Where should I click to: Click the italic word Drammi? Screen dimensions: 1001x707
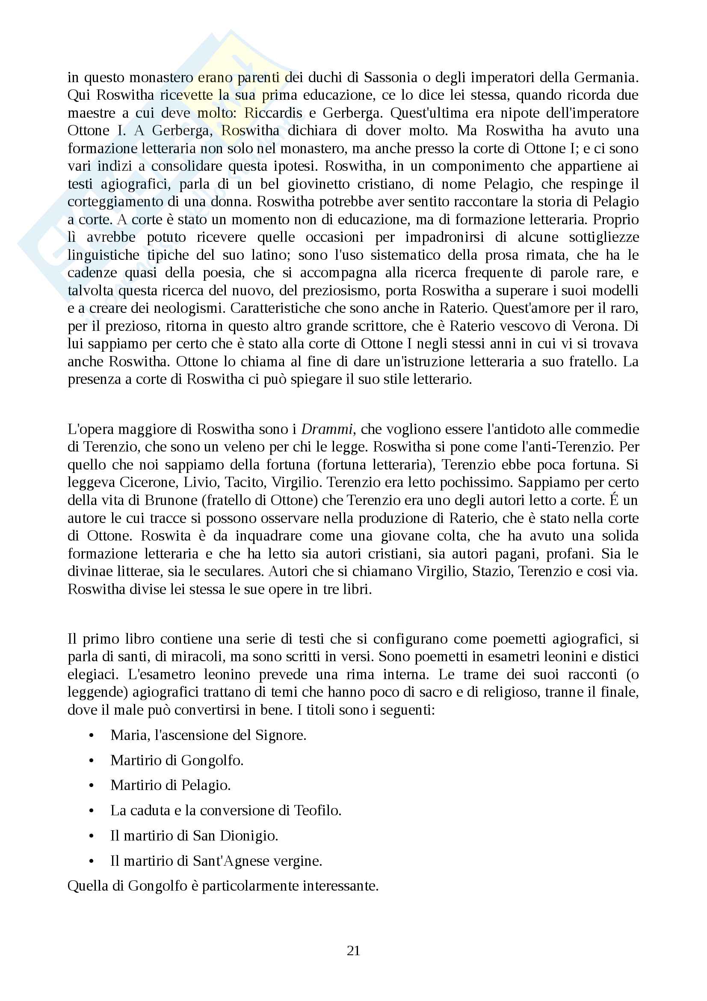click(x=327, y=429)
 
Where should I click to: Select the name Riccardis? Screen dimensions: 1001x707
click(x=273, y=113)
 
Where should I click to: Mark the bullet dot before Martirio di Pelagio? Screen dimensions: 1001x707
click(x=91, y=786)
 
